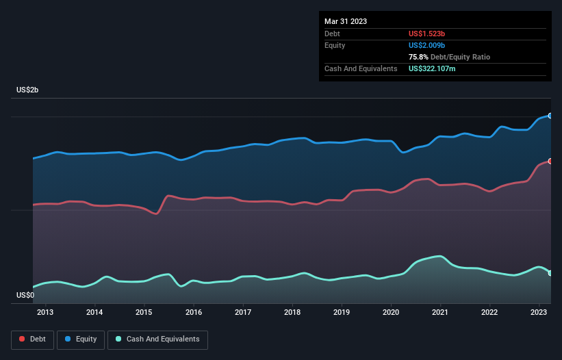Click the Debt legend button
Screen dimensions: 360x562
click(31, 339)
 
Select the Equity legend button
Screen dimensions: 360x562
click(81, 339)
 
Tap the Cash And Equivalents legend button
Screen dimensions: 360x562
click(157, 339)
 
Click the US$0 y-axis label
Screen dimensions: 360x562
click(25, 296)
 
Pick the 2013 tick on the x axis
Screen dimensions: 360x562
click(45, 313)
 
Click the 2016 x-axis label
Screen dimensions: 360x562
click(194, 313)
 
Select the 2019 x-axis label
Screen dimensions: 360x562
click(342, 313)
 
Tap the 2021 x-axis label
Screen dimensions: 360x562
click(440, 313)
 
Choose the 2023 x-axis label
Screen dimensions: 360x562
click(539, 313)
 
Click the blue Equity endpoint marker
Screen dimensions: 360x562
click(550, 116)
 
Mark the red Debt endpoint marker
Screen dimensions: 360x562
click(550, 161)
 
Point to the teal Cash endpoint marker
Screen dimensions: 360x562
click(550, 273)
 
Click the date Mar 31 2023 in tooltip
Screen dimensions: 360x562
click(346, 21)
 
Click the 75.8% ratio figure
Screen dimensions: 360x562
click(420, 57)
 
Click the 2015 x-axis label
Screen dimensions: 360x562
click(144, 313)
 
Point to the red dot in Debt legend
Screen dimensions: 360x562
click(23, 339)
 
